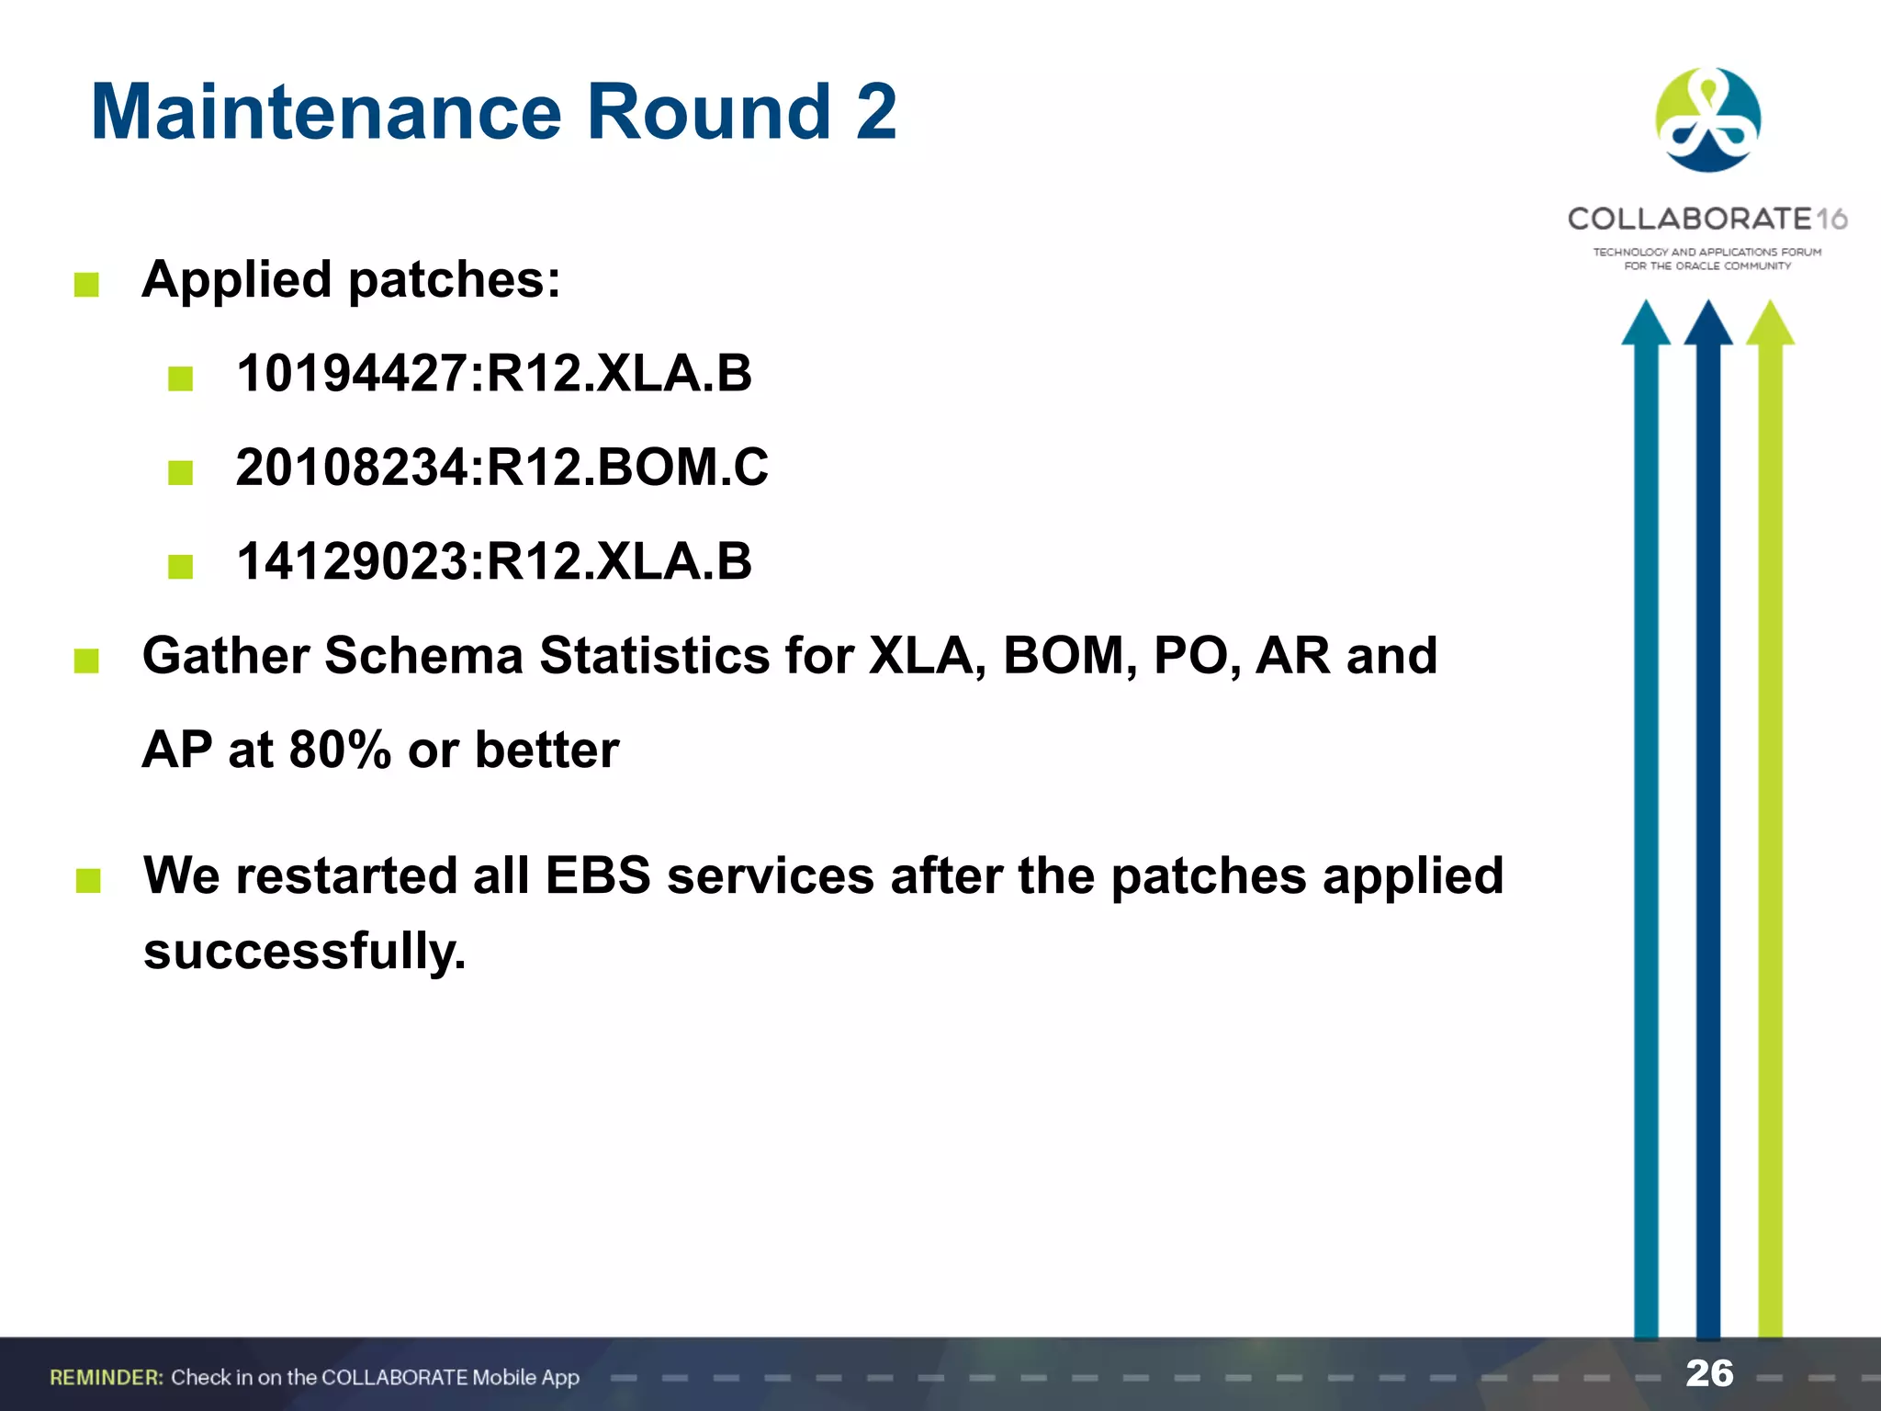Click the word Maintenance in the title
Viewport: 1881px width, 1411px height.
tap(326, 112)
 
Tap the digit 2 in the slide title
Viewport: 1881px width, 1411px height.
tap(875, 112)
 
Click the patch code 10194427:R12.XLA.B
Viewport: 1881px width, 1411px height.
tap(493, 374)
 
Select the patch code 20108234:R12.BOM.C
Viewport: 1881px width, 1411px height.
tap(501, 468)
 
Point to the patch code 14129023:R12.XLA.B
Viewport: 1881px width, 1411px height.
tap(493, 561)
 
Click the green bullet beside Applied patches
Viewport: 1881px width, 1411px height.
tap(86, 285)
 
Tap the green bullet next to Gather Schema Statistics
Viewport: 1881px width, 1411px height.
tap(86, 660)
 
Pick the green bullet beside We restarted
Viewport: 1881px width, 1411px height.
tap(88, 881)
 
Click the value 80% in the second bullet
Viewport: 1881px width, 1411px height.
tap(340, 750)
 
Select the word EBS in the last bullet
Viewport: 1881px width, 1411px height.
tap(598, 875)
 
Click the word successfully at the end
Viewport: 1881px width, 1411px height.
tap(305, 951)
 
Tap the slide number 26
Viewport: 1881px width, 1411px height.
tap(1709, 1373)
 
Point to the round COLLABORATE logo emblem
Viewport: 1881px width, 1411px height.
tap(1707, 120)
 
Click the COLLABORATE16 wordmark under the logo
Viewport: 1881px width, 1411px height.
tap(1706, 219)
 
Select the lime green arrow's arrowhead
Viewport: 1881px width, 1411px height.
tap(1770, 323)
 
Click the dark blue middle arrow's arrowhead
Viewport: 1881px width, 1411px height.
tap(1708, 323)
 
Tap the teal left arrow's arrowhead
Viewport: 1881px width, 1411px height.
tap(1646, 323)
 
